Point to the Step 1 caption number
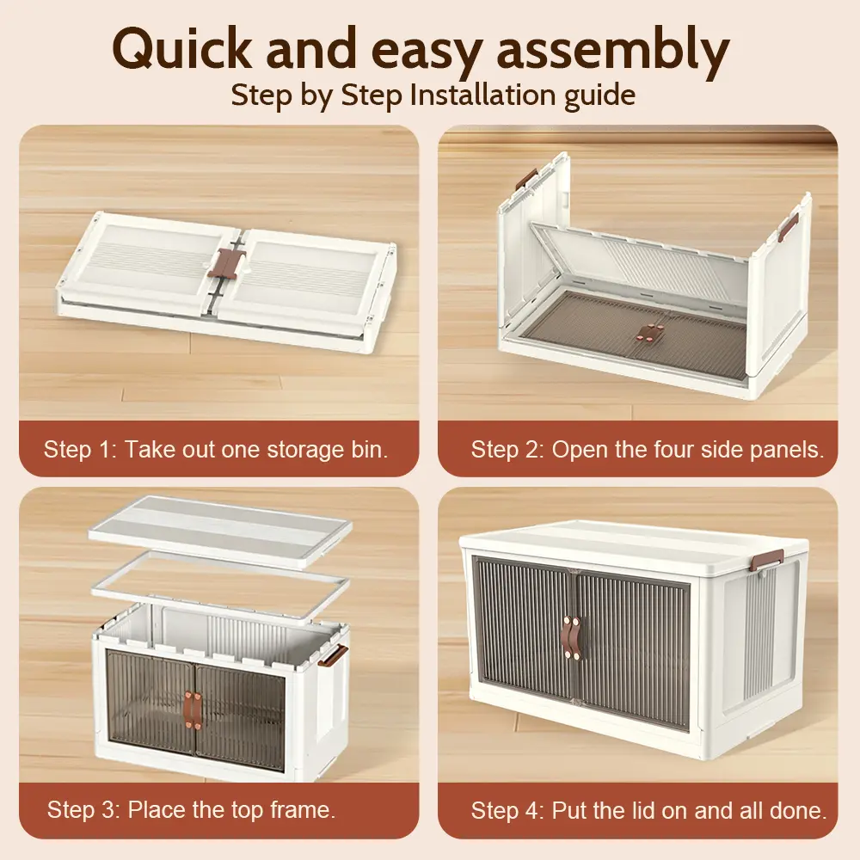105,450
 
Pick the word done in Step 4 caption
798,810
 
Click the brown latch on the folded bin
227,261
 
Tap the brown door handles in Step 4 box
571,637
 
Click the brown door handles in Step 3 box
193,710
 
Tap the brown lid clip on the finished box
767,561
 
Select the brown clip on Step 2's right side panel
790,225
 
